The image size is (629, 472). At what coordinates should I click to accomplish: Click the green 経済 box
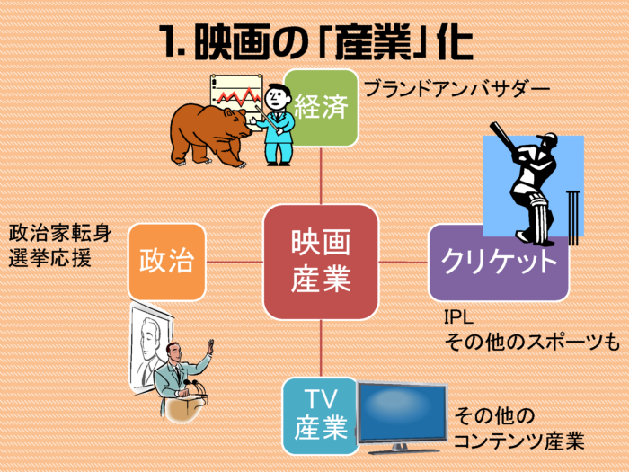point(321,108)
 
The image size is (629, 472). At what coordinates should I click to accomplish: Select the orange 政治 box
point(166,263)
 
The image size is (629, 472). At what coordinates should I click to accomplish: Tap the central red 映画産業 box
point(321,263)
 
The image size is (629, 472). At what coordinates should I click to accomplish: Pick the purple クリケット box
point(499,263)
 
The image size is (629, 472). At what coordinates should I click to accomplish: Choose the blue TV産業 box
point(320,416)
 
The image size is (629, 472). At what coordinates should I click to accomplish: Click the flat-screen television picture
point(403,417)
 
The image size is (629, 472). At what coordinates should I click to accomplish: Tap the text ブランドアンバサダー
point(456,89)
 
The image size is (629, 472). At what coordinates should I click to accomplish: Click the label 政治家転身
point(60,234)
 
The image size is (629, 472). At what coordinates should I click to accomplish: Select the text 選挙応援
point(49,258)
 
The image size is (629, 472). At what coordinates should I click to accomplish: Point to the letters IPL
point(458,317)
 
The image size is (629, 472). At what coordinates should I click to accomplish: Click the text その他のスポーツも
point(532,343)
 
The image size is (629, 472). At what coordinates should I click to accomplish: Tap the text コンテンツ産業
point(519,441)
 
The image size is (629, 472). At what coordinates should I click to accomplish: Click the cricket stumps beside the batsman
point(574,218)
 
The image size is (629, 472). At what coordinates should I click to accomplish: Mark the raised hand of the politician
point(209,347)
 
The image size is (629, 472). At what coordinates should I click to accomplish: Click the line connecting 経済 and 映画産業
point(321,176)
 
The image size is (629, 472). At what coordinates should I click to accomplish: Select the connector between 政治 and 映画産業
point(235,263)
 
